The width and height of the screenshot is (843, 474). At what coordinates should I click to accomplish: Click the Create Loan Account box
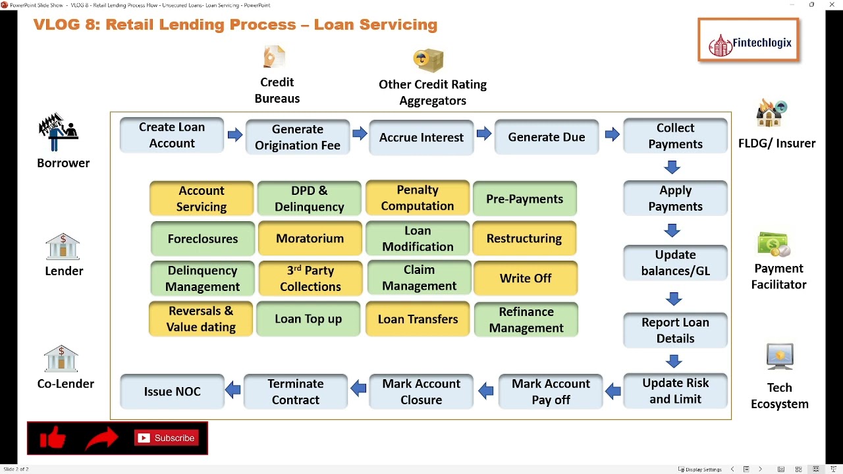[172, 135]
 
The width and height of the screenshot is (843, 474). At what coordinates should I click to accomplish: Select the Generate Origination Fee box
[297, 137]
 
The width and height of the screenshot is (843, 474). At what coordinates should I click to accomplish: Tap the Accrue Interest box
[421, 137]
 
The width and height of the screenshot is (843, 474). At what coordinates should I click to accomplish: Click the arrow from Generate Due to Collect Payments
[612, 135]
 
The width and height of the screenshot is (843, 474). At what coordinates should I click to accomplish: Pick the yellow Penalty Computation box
[417, 198]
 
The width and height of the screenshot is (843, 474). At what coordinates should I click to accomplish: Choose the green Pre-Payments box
[524, 199]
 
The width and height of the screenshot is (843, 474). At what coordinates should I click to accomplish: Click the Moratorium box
[310, 238]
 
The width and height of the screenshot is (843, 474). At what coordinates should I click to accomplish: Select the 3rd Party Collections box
[310, 278]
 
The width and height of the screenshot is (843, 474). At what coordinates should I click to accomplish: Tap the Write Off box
[525, 278]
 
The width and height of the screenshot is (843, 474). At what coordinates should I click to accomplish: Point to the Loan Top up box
[308, 319]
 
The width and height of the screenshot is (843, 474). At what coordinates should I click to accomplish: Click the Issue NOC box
[172, 391]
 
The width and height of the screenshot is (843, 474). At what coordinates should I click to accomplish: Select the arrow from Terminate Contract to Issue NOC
[233, 390]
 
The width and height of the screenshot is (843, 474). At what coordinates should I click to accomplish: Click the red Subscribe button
[167, 438]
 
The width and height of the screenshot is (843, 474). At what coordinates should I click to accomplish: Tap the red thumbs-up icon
[53, 438]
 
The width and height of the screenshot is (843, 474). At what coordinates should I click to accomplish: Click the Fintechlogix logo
[749, 41]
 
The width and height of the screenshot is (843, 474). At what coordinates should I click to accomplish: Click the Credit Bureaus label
[277, 90]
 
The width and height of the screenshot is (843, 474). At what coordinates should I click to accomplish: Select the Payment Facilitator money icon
[774, 245]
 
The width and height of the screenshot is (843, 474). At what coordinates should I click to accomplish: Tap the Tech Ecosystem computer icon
[780, 357]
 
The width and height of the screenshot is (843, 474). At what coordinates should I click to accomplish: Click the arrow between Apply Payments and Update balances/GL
[672, 230]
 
